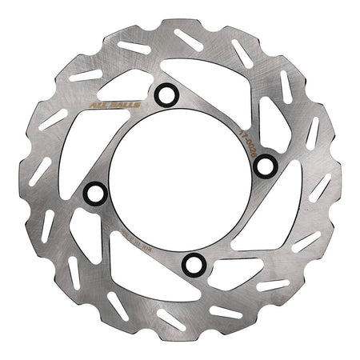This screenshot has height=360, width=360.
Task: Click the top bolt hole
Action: point(166,95)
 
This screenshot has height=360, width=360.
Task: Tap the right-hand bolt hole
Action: point(266,166)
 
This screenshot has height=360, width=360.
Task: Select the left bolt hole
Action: point(95,193)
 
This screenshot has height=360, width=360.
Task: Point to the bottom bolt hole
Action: point(194,263)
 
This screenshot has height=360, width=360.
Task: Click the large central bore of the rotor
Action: point(180,179)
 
